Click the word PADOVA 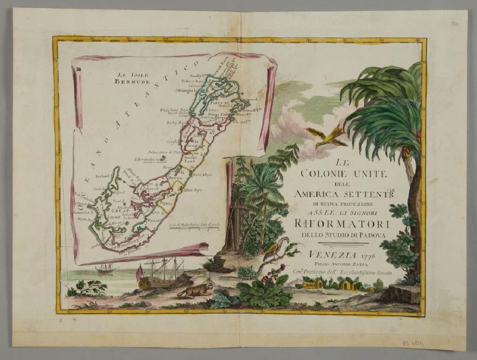(371, 235)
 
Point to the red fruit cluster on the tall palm (406, 152)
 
